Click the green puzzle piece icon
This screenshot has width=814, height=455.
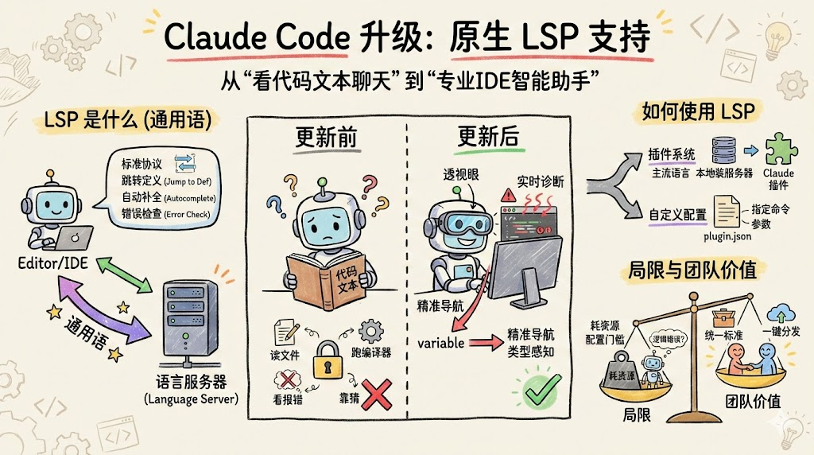click(x=779, y=147)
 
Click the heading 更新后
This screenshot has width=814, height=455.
click(x=488, y=136)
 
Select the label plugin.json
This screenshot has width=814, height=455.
click(x=727, y=236)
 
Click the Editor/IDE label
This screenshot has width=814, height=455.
click(x=53, y=261)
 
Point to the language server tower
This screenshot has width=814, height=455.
click(x=189, y=318)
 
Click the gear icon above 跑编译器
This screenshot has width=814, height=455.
click(x=370, y=329)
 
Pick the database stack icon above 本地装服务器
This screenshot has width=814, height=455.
click(x=723, y=149)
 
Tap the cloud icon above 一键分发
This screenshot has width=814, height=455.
click(x=780, y=312)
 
